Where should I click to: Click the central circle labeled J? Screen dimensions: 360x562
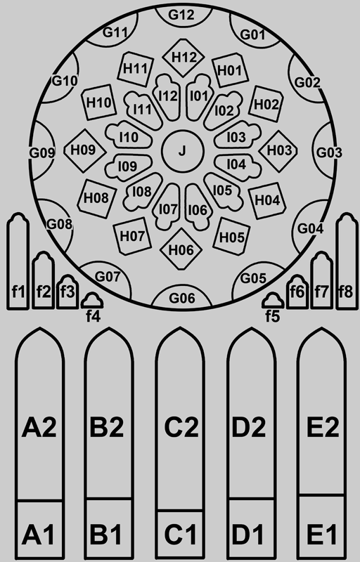click(x=183, y=150)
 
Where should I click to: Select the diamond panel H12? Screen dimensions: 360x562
click(x=184, y=58)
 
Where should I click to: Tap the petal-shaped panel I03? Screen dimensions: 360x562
click(x=237, y=136)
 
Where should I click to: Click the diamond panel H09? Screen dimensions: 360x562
click(x=84, y=150)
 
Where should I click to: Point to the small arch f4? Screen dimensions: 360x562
click(x=92, y=301)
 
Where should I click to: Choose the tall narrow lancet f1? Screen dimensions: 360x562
click(x=18, y=261)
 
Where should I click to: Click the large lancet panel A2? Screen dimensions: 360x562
click(x=39, y=414)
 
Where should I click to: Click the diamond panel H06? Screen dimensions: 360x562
click(x=181, y=249)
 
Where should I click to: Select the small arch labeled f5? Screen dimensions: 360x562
click(x=273, y=301)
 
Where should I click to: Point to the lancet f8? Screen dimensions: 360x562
click(x=347, y=261)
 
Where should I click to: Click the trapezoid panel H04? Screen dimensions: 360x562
click(x=267, y=200)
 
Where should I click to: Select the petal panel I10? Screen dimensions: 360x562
click(x=128, y=136)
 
